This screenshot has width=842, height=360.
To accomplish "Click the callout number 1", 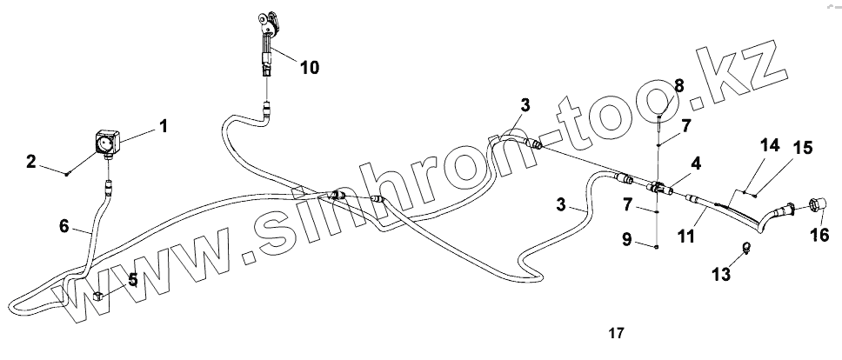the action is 163,126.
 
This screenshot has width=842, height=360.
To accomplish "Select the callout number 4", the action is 696,163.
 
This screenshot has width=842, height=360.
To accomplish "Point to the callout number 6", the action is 63,225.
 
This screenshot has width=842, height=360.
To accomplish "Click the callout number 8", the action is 679,85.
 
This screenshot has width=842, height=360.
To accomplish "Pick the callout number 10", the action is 309,66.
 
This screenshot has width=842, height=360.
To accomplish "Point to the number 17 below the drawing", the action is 616,333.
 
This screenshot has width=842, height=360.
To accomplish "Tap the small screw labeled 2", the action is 68,174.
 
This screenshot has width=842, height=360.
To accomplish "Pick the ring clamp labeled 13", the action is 745,247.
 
